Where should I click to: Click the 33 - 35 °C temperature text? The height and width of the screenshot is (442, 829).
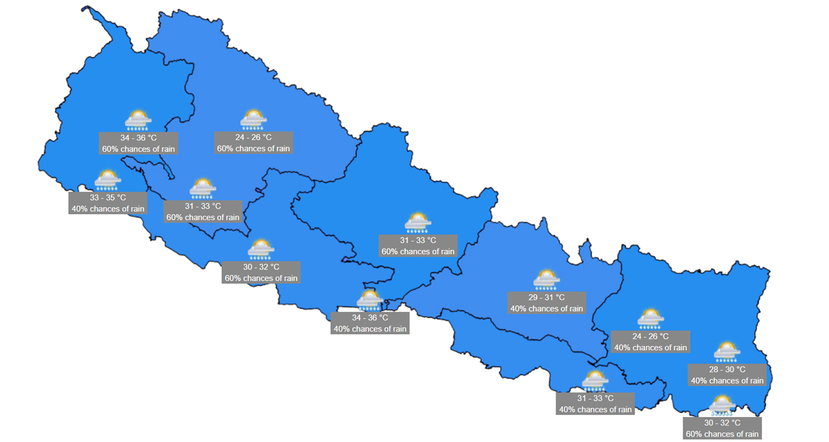coord(108,198)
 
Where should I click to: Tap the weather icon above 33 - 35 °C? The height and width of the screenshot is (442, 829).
coord(108,180)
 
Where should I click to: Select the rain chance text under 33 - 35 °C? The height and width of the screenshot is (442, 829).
coord(108,209)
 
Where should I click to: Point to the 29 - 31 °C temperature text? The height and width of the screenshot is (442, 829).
coord(546,298)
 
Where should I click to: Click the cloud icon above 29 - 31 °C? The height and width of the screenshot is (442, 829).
coord(546,279)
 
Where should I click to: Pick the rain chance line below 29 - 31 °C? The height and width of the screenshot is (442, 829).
coord(546,309)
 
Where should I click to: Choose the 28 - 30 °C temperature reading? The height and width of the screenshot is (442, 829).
coord(727,369)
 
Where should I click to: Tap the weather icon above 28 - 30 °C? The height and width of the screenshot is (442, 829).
coord(727,352)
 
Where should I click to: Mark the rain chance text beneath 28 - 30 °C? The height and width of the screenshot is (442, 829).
coord(727,381)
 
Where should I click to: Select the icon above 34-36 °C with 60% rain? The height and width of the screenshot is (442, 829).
coord(138,120)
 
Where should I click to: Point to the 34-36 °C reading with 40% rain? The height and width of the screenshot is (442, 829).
coord(370,318)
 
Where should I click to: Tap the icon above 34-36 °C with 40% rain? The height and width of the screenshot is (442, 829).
coord(370,300)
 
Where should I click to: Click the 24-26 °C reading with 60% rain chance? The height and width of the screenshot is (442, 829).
coord(254,137)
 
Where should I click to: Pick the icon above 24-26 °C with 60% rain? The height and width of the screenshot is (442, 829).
coord(254,119)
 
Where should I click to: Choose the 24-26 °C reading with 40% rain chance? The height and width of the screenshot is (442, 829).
coord(650,336)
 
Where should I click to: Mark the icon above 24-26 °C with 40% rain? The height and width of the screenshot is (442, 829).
coord(650,318)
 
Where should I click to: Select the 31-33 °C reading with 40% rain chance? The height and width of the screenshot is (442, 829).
coord(595,398)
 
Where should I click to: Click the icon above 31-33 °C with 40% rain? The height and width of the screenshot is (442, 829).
coord(595,381)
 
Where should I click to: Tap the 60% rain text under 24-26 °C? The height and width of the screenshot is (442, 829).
coord(254,148)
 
